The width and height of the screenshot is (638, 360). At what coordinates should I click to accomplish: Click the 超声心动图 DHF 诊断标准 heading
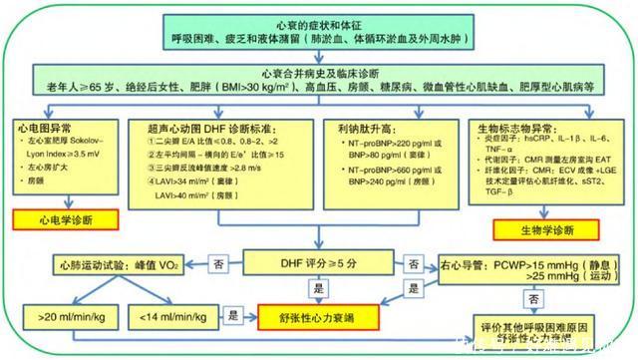point(215,130)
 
